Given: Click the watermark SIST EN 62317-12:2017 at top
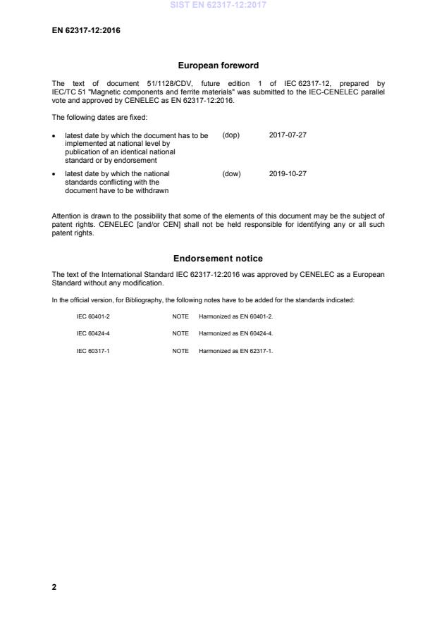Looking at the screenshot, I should (218, 6).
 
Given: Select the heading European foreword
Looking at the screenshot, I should (218, 66).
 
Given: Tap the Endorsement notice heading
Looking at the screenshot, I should (218, 259).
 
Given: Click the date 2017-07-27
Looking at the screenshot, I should (288, 135).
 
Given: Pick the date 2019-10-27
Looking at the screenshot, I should (288, 173).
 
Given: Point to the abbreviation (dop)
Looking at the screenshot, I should (231, 135).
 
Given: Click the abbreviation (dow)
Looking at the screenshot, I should (231, 173).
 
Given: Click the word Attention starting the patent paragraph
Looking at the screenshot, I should (67, 215).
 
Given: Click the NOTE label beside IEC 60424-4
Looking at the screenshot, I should (180, 333).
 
